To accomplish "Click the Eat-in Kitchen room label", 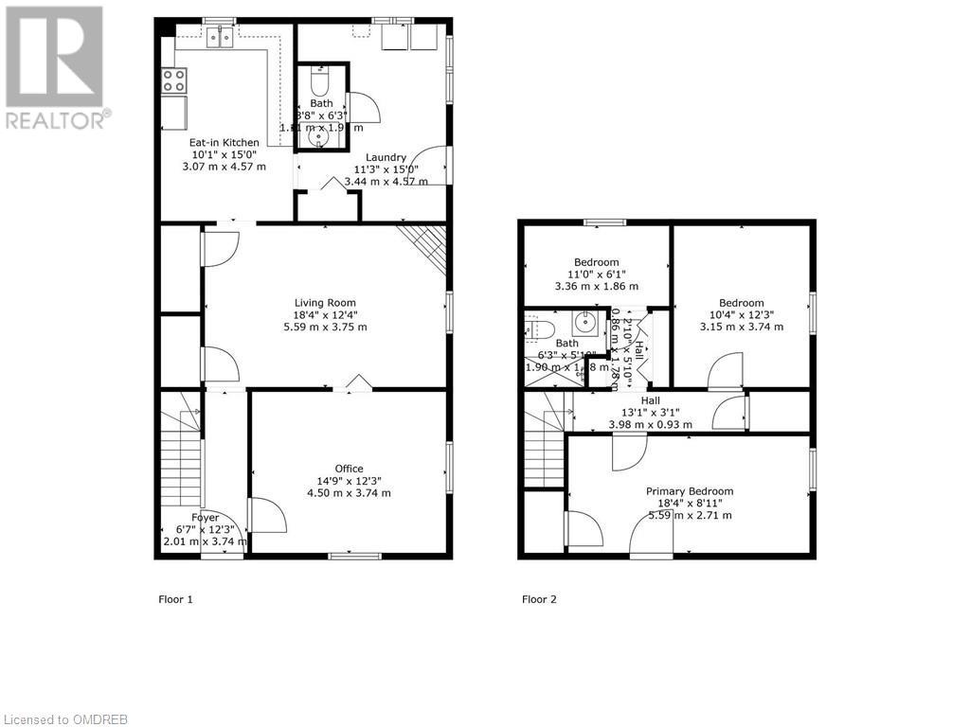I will point(224,142).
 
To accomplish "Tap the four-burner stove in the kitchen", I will point(173,80).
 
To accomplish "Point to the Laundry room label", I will point(386,157).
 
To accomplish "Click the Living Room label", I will point(325,303).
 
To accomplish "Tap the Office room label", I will point(349,469).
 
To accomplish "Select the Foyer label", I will point(206,518).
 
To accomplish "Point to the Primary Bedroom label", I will point(690,491).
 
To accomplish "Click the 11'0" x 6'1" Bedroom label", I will point(596,262).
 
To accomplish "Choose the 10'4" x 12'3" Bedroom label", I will point(742,304).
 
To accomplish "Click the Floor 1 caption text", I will point(175,599).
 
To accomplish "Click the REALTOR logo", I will point(55,67).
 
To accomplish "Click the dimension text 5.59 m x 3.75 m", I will point(325,327).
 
